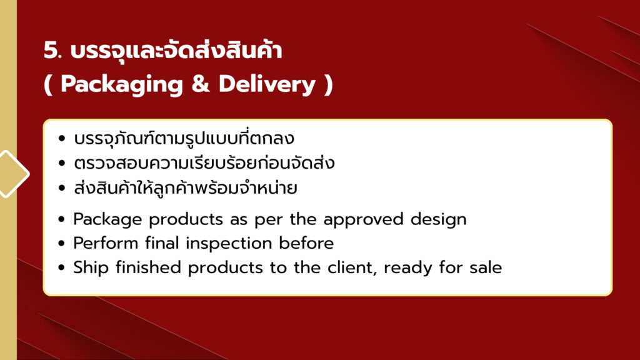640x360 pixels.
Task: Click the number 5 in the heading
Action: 51,51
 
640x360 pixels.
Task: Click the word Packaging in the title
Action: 122,85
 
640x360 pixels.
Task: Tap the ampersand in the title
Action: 200,84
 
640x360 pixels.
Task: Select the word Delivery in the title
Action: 267,85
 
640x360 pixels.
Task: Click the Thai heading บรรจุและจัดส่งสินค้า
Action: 176,50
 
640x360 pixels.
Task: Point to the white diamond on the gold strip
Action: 14,174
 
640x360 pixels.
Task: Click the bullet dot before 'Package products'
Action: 62,219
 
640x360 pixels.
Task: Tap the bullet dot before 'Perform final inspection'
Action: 62,244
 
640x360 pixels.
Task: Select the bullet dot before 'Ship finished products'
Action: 62,267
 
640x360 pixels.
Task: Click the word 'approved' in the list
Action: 363,220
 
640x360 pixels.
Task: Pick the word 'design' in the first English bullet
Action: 438,220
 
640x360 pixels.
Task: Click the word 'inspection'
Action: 229,244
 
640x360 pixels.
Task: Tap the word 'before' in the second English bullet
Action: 306,243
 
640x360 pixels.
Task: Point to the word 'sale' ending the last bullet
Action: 485,267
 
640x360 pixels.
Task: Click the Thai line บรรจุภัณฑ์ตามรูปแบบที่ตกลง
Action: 184,137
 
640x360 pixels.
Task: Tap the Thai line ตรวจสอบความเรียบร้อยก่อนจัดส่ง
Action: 204,162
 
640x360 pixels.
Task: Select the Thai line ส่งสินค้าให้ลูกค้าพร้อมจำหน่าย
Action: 185,187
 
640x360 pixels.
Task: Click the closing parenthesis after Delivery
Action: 329,85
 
